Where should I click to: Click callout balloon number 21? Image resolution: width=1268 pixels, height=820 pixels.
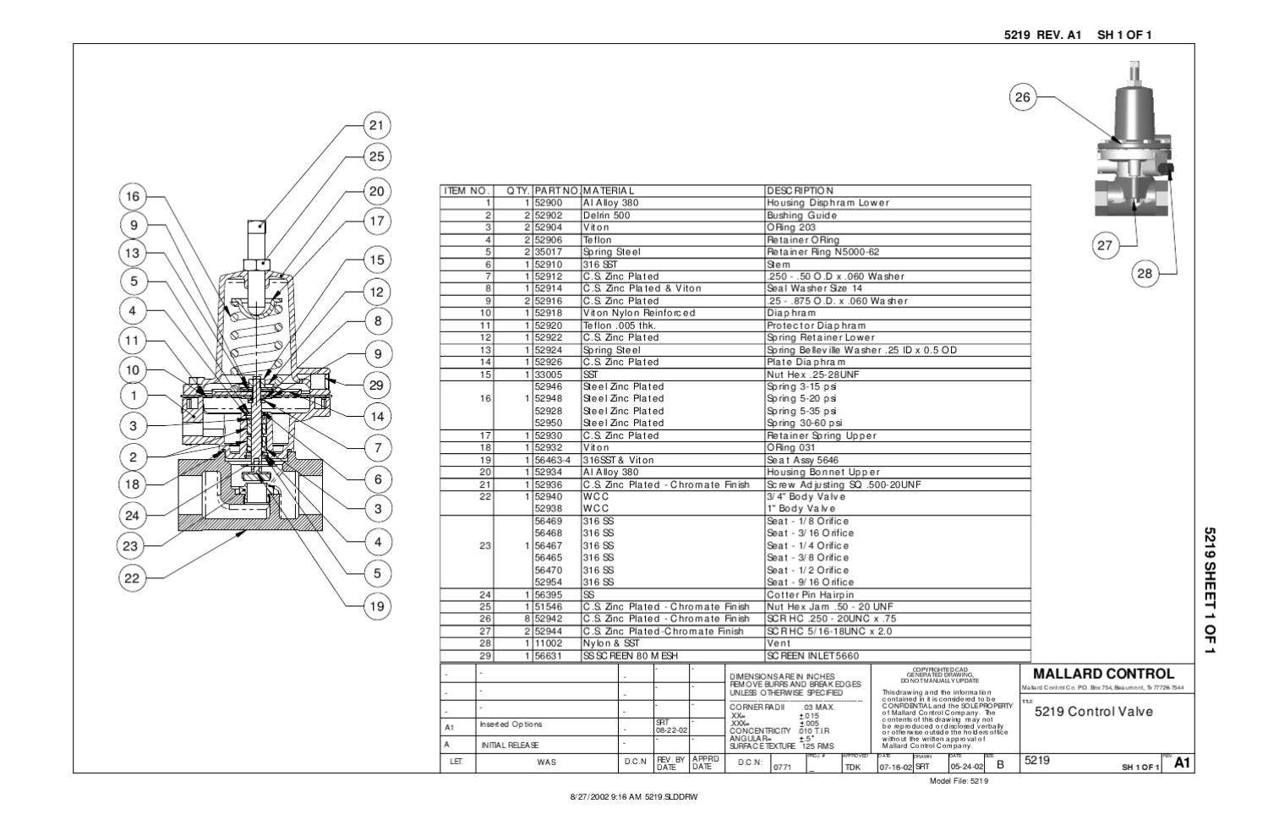(376, 126)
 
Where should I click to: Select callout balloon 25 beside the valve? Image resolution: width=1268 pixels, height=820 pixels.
(376, 156)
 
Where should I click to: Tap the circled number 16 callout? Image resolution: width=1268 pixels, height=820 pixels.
(133, 197)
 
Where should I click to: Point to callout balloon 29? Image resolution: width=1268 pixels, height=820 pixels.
(376, 385)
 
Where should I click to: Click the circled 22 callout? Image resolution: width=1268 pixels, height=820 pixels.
(131, 578)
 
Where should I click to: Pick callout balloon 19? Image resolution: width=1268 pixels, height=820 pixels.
(376, 605)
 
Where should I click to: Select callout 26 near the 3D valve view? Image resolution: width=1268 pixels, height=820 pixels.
(1023, 97)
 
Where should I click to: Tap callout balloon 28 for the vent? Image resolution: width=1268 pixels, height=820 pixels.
(1144, 273)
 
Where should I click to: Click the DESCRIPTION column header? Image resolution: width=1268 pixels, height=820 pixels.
(800, 191)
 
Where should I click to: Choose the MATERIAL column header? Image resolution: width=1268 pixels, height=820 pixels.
(608, 191)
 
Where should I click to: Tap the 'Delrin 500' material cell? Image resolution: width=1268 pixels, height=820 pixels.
(606, 216)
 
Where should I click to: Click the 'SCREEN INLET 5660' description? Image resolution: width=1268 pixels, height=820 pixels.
(812, 656)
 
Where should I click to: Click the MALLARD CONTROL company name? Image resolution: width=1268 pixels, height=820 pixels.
(1103, 674)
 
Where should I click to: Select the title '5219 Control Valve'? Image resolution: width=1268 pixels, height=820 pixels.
(1094, 711)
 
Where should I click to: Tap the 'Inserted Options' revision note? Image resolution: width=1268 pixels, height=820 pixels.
(511, 724)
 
